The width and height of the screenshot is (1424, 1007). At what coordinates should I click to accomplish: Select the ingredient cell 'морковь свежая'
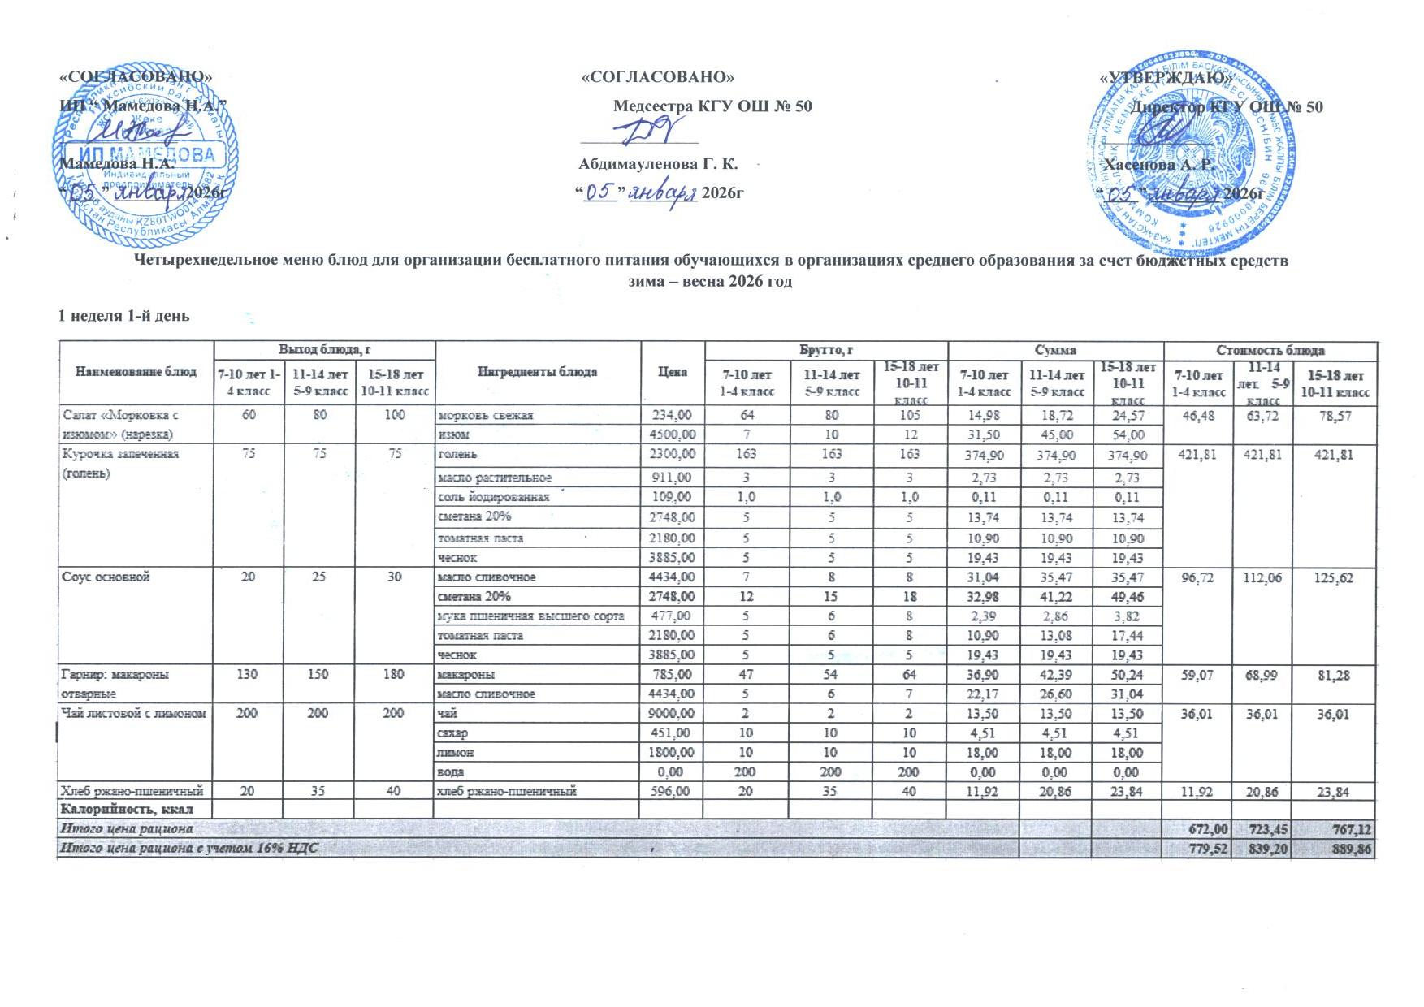pos(486,415)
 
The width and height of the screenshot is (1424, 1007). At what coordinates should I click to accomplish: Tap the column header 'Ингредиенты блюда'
pos(538,372)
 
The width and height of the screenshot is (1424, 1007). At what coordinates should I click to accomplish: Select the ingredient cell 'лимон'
pos(452,753)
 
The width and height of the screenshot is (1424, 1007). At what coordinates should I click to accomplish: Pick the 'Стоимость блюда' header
pos(1270,351)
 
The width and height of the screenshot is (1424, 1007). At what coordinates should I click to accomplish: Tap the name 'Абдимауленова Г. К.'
pos(658,165)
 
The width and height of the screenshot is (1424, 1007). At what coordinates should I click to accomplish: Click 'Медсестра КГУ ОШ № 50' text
pos(712,106)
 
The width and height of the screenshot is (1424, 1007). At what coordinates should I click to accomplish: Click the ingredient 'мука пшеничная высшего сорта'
pos(530,616)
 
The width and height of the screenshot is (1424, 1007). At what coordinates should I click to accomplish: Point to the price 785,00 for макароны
pos(675,675)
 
